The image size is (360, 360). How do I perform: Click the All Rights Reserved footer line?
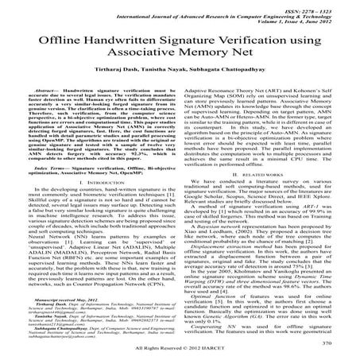tap(180, 350)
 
